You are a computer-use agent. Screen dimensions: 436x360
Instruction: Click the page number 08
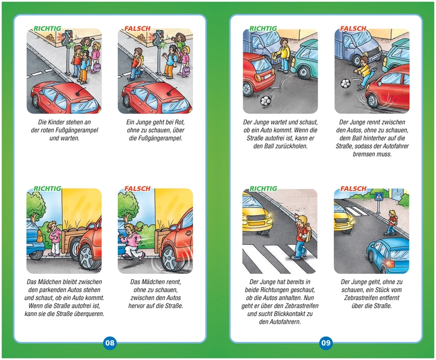110,342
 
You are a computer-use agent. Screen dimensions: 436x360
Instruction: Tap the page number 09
326,342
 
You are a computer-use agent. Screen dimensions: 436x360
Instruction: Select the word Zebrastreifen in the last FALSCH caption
371,298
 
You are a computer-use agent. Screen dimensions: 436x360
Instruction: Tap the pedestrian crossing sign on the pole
378,197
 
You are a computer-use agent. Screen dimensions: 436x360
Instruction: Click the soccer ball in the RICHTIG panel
265,100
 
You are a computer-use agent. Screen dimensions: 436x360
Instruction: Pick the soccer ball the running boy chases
346,83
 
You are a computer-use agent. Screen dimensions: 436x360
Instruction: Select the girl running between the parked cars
132,241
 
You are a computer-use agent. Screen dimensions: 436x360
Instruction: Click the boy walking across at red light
137,64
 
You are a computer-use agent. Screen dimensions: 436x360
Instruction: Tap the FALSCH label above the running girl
137,189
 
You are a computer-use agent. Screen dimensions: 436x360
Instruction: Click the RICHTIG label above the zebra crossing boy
263,189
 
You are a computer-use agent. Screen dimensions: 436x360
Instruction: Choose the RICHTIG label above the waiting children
47,28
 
